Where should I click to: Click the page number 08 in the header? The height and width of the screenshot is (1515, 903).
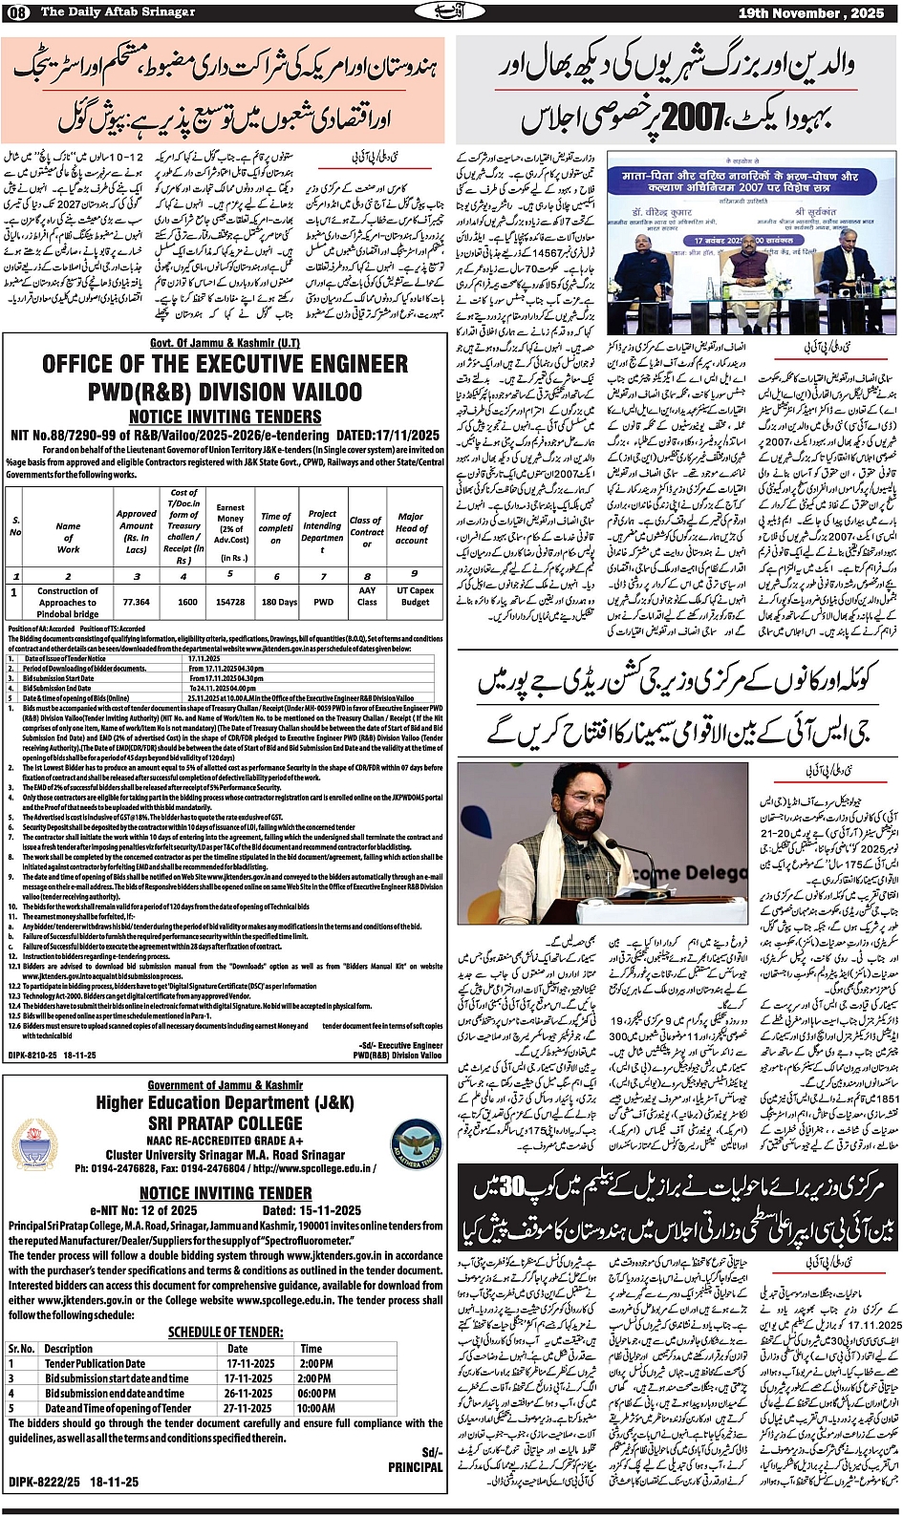click(x=18, y=11)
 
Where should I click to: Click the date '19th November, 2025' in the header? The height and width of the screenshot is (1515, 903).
click(x=812, y=12)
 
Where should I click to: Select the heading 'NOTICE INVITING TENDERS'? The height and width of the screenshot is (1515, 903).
click(x=226, y=416)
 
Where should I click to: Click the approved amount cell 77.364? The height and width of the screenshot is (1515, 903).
click(x=137, y=602)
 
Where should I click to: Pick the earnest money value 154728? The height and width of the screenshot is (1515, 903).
click(x=230, y=602)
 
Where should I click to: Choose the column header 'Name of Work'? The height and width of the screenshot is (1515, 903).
click(x=68, y=537)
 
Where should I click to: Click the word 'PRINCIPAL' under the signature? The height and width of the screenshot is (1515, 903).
click(x=415, y=1466)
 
